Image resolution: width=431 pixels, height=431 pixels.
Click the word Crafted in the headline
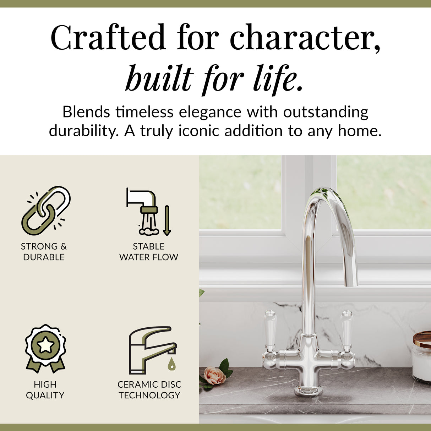pyautogui.click(x=108, y=37)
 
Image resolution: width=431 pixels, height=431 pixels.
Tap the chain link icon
pyautogui.click(x=46, y=211)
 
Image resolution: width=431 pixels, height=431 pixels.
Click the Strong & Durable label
pyautogui.click(x=44, y=251)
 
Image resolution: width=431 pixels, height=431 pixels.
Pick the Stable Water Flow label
pyautogui.click(x=149, y=251)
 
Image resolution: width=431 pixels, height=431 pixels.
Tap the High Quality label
pyautogui.click(x=45, y=389)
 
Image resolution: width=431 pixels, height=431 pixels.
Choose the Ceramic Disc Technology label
pyautogui.click(x=149, y=389)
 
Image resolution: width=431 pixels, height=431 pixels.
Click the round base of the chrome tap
pyautogui.click(x=308, y=391)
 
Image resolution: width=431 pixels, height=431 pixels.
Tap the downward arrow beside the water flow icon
pyautogui.click(x=167, y=220)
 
